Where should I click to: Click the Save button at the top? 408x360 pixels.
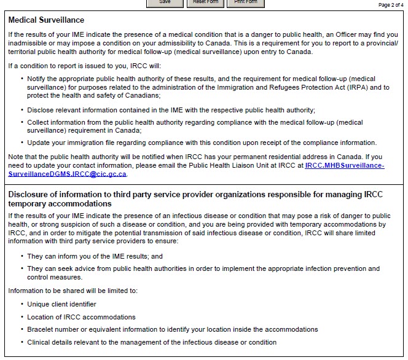[165, 2]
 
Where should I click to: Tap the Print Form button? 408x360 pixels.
[246, 2]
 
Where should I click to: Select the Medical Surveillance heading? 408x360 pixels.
[47, 20]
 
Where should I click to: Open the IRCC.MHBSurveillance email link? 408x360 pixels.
[344, 165]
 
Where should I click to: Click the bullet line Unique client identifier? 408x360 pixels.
[61, 304]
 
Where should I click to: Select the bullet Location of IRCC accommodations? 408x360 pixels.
[81, 317]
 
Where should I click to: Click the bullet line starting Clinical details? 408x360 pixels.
[152, 342]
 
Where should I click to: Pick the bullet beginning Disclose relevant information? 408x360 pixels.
[171, 110]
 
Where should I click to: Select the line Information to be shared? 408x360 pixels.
[73, 291]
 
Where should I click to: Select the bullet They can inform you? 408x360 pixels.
[95, 256]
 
